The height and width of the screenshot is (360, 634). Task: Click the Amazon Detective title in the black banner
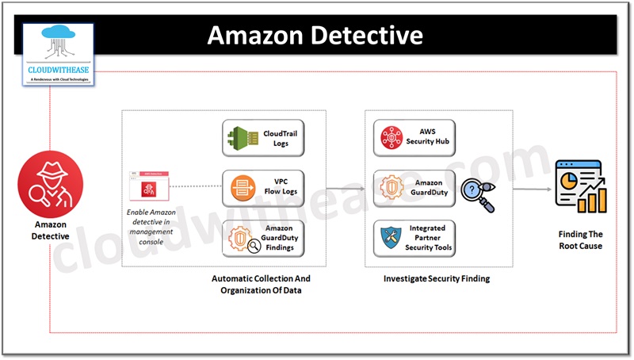(315, 35)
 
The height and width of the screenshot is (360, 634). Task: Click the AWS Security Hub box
(414, 136)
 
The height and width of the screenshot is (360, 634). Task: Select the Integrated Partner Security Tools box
(414, 238)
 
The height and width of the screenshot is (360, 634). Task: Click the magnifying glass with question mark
(477, 193)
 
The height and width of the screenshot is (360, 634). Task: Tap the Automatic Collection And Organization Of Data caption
(261, 285)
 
